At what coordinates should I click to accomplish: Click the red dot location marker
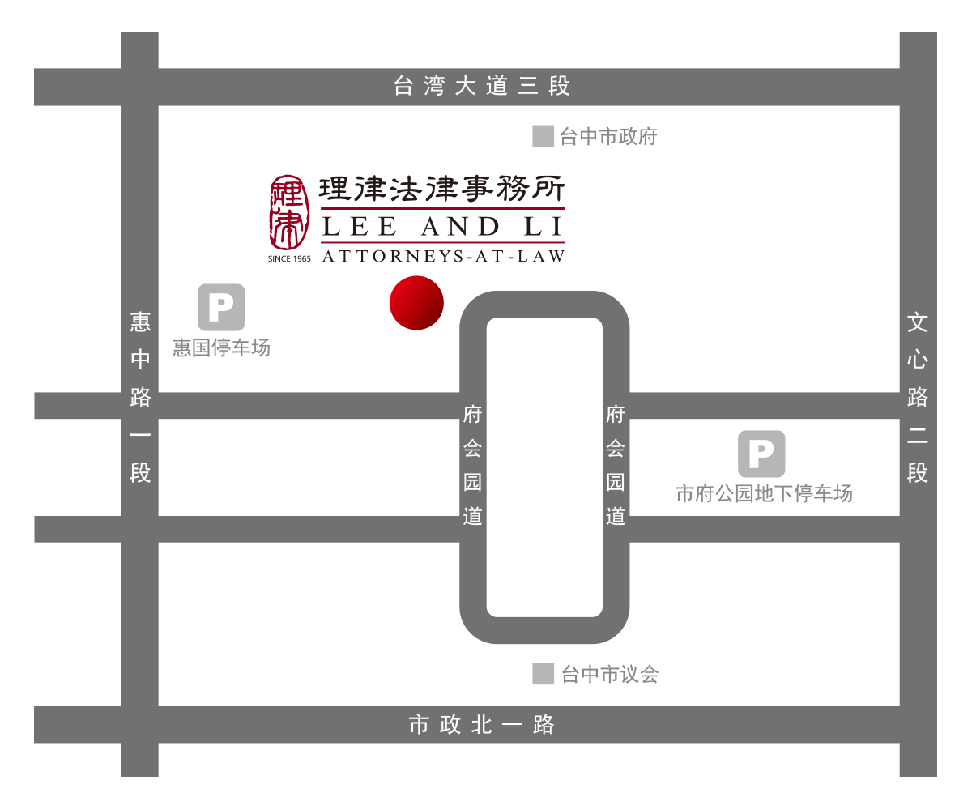click(416, 303)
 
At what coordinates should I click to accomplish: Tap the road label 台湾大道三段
click(481, 86)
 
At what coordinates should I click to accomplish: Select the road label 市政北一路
click(481, 724)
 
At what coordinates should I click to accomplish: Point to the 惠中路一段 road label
click(140, 398)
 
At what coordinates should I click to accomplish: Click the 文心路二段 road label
click(917, 398)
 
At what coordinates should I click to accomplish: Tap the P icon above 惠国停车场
click(221, 307)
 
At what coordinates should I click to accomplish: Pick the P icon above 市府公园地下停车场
click(761, 454)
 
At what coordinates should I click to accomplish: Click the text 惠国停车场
click(221, 347)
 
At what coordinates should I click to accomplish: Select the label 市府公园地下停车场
click(764, 493)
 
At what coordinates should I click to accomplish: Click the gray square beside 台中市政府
click(543, 136)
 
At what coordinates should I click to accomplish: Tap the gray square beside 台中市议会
click(543, 674)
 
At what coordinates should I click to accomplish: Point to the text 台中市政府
click(608, 136)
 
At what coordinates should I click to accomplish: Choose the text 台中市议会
click(610, 674)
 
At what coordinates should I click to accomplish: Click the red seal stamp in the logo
click(289, 212)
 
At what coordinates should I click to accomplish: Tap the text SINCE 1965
click(289, 259)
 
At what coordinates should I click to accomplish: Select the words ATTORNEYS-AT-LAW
click(443, 256)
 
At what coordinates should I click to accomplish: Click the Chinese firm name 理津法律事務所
click(441, 189)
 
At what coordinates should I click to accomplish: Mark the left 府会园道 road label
click(472, 465)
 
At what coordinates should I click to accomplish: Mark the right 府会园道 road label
click(615, 465)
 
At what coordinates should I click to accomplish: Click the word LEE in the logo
click(359, 227)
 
